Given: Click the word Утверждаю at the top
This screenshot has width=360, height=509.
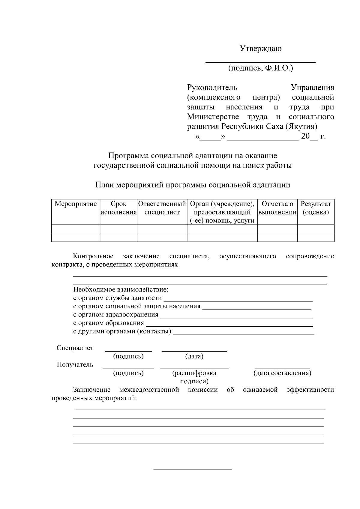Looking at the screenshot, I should coord(260,49).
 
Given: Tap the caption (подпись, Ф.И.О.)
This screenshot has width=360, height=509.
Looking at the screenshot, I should coord(260,68).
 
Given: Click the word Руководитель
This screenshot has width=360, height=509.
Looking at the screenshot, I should coord(212,88).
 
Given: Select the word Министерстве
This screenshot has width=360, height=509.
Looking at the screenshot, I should coord(213,117).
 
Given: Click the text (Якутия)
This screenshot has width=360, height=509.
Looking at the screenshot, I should coord(301,126).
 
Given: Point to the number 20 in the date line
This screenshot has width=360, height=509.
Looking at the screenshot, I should coord(305,136).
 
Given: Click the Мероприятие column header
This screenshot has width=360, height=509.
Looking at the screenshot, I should coord(76,204).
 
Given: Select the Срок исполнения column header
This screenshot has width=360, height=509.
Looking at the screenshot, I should coord(118,208).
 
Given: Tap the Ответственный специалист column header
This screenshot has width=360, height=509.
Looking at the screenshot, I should coord(162,208).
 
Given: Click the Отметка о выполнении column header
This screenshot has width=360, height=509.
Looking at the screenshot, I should coord(277,208).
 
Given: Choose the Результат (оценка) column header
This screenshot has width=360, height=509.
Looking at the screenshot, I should coord(316,208).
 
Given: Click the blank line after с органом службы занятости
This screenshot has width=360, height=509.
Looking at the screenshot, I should coord(238,299).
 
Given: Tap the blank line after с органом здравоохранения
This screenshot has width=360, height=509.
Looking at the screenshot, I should coord(236,316).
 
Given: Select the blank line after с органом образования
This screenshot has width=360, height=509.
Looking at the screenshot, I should coord(229,325).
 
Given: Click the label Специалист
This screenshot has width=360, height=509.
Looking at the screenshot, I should coord(75,348).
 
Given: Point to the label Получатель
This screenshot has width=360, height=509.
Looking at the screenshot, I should coord(75,364).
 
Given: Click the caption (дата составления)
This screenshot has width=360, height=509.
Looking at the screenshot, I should coord(282,373).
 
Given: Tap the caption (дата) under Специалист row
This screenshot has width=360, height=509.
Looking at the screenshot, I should coord(194,356).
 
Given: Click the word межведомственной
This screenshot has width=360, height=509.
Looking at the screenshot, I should coord(149,390).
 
